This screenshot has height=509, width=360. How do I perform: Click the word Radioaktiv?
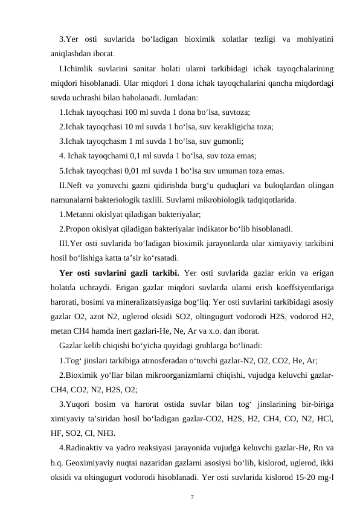pyautogui.click(x=86, y=448)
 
